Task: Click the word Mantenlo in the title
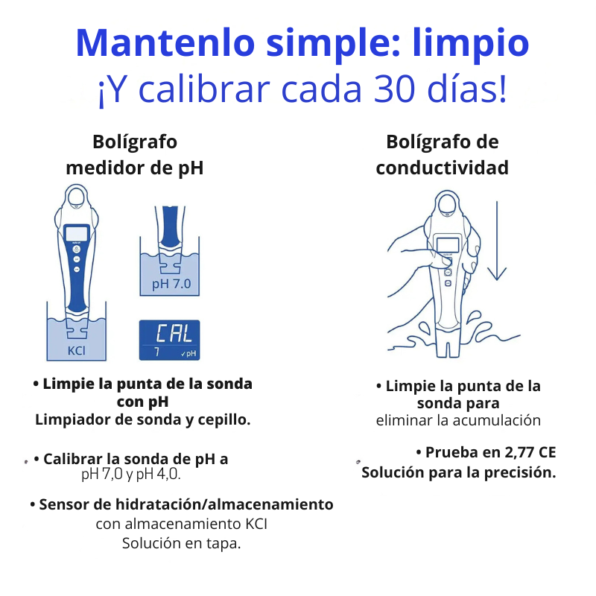coord(165,42)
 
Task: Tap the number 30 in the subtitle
coord(394,89)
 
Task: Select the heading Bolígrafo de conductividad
coord(442,155)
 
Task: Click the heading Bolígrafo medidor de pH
coord(135,155)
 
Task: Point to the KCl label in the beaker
coord(77,350)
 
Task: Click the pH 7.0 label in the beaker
coord(171,284)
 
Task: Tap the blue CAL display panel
coord(170,340)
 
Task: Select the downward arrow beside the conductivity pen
coord(497,241)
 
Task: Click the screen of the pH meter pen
coord(77,233)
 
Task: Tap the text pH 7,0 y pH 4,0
coord(131,474)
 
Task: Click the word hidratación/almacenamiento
coord(224,505)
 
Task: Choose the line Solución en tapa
coord(181,544)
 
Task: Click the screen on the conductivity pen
coord(448,245)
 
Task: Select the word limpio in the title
coord(471,44)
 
